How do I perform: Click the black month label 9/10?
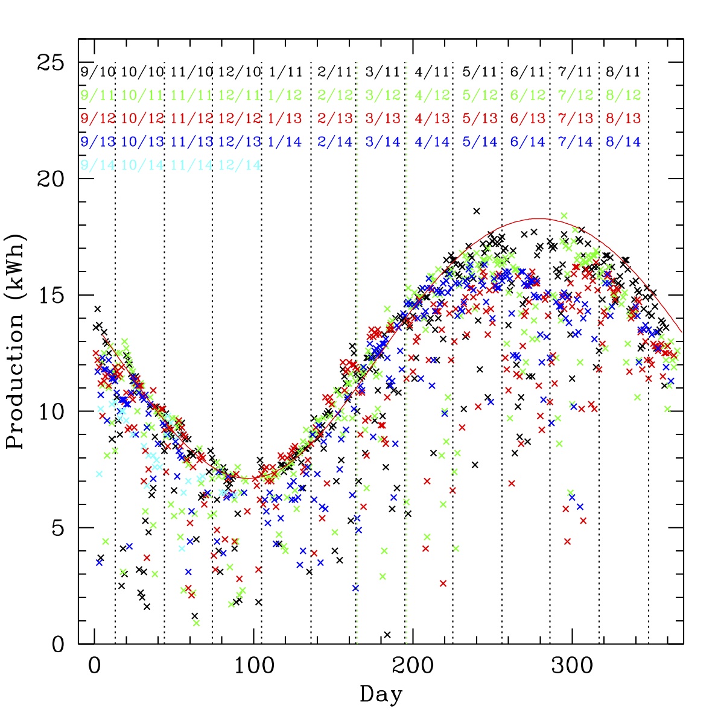97,72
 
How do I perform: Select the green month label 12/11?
240,95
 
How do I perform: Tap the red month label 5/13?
480,119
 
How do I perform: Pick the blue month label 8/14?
623,142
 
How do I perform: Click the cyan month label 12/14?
240,165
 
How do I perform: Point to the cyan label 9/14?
97,165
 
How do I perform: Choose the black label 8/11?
623,72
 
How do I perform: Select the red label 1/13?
285,119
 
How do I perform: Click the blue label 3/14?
383,142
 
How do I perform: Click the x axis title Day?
381,694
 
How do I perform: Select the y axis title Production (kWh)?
16,341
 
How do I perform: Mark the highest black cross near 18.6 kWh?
477,211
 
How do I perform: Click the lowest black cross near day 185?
387,634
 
